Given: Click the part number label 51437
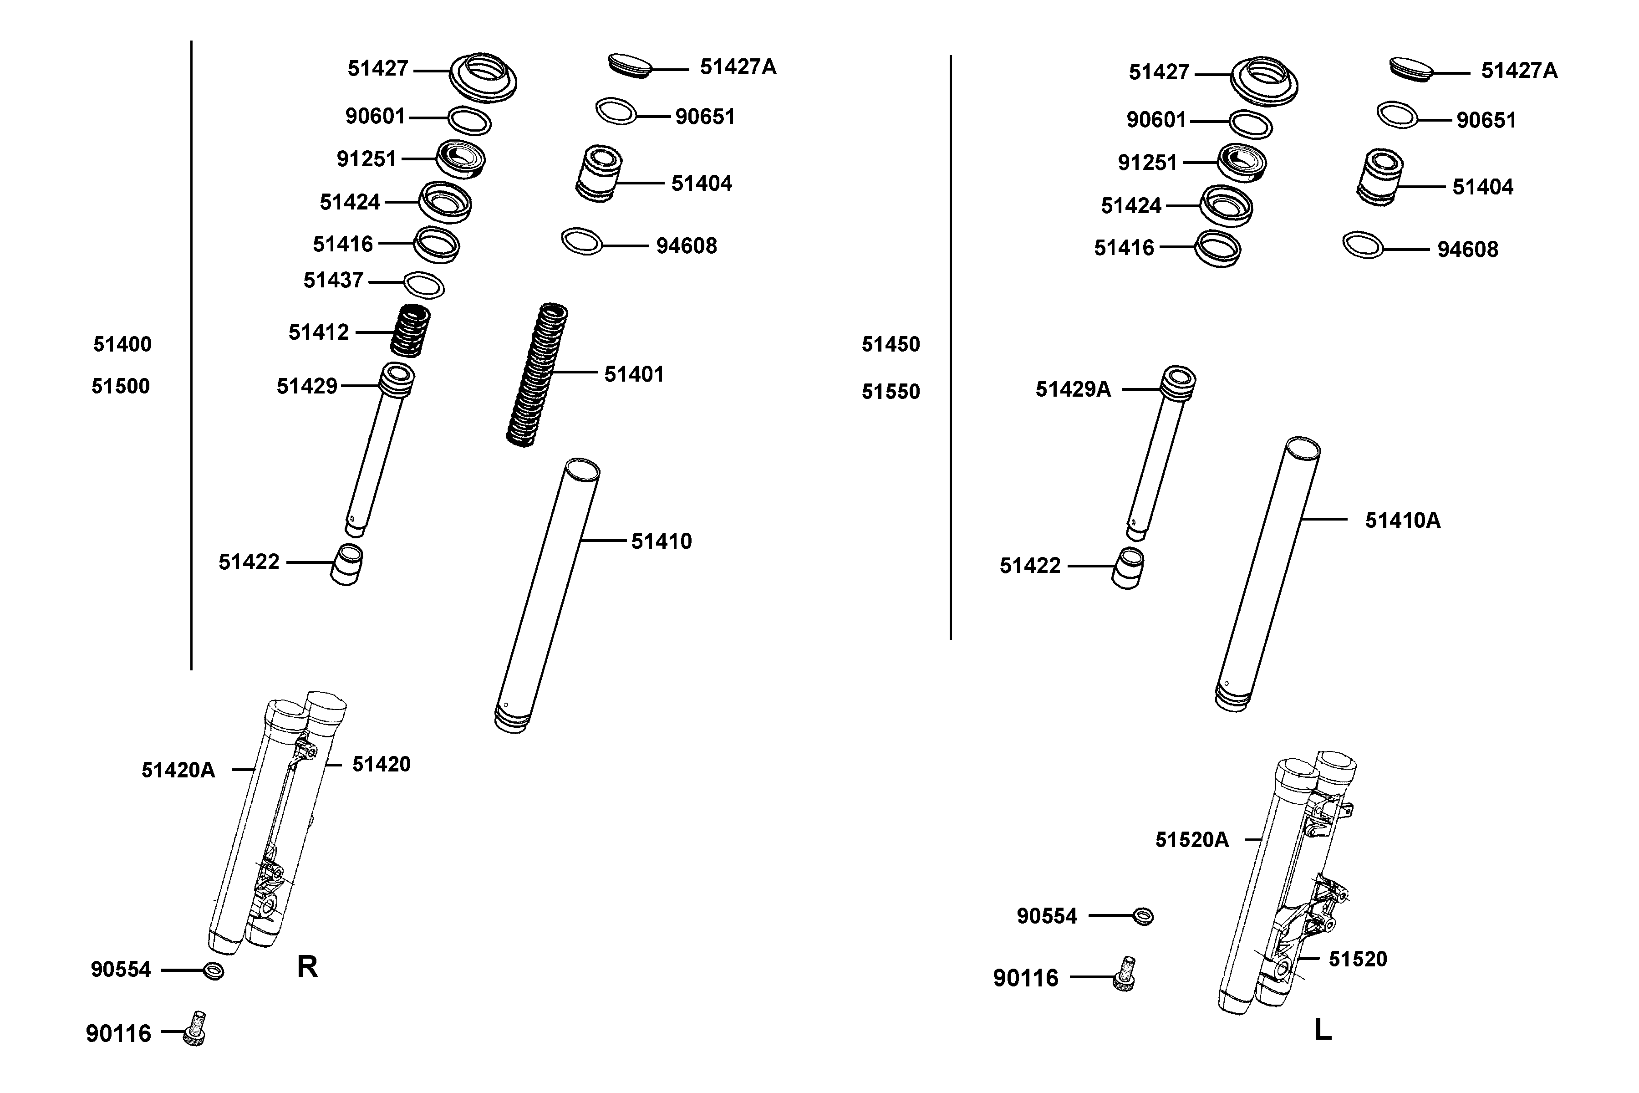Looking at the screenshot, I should [333, 280].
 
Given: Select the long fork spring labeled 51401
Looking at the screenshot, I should [537, 375].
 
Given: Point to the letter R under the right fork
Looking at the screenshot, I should [307, 967].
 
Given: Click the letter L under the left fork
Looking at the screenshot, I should [1323, 1030].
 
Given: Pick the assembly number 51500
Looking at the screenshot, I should [121, 386].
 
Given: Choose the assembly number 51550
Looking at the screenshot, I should [891, 392].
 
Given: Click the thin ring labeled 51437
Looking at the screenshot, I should [424, 284].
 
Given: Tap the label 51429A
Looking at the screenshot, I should [1073, 389].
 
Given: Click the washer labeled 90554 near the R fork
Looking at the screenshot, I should [213, 970].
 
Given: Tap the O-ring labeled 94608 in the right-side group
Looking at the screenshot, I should [1362, 245].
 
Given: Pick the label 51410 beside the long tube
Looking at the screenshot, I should [662, 541].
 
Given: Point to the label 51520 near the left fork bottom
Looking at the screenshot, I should [1358, 959].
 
